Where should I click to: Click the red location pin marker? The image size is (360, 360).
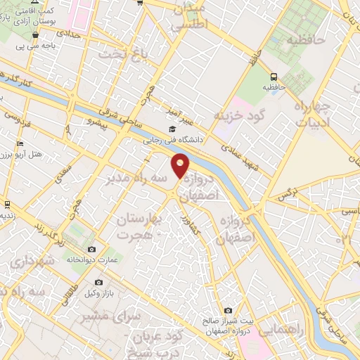(x=181, y=165)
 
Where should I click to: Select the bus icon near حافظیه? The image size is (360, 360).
(x=273, y=77)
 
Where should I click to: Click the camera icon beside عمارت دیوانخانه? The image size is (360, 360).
(x=91, y=249)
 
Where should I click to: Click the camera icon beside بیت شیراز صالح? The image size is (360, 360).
(x=228, y=310)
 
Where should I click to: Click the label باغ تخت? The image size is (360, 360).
(x=115, y=54)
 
